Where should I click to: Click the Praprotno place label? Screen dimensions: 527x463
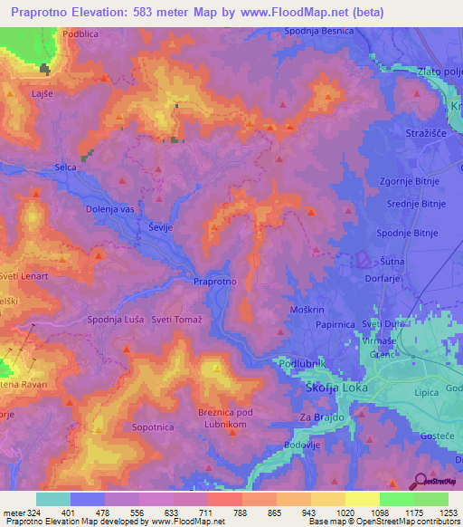215,282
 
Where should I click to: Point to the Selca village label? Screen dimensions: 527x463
65,168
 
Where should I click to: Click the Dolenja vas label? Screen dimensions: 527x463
110,209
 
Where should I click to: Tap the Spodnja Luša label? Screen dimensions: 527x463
115,319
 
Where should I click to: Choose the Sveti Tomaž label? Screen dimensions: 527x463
177,319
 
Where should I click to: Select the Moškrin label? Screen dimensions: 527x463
307,310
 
